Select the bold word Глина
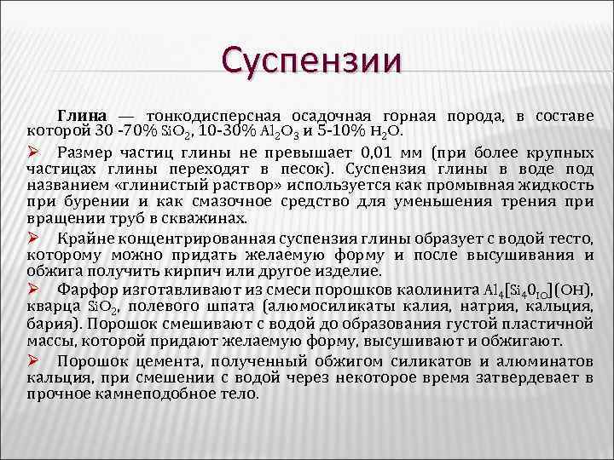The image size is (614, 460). [82, 115]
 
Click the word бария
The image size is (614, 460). [48, 323]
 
